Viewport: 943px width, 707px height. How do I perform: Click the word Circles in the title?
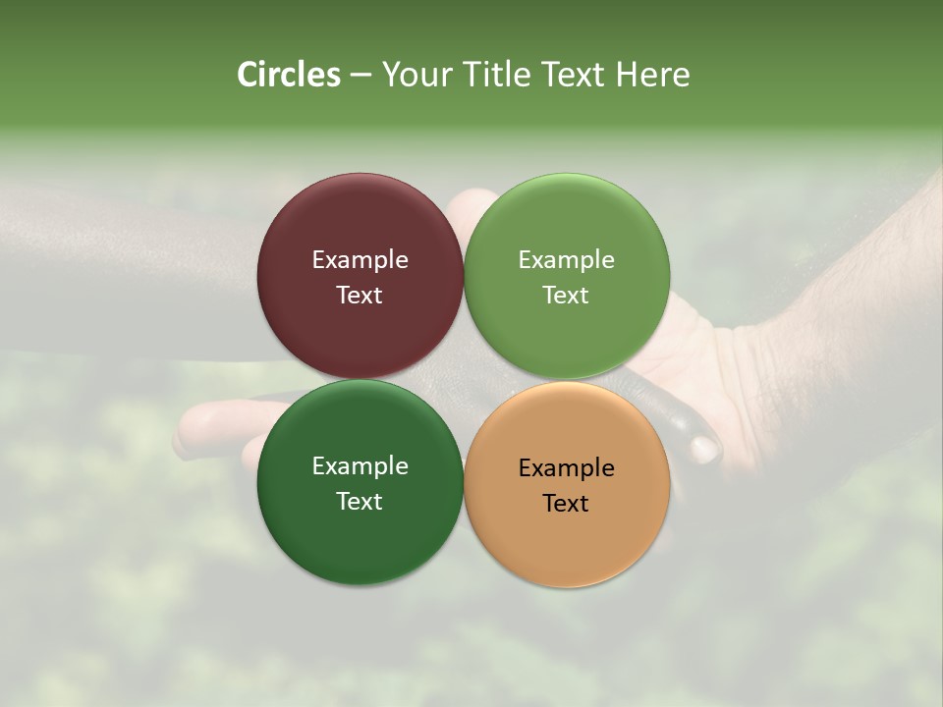(x=289, y=75)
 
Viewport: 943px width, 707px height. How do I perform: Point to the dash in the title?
(x=361, y=76)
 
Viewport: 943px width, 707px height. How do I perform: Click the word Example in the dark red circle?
(x=360, y=260)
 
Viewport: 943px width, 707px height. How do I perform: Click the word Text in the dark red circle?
(x=360, y=296)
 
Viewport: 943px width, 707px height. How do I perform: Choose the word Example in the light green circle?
(x=567, y=260)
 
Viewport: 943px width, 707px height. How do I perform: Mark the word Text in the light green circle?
(x=567, y=296)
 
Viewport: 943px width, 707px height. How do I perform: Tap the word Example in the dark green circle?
(x=360, y=466)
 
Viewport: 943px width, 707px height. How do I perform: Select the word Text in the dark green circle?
(x=360, y=502)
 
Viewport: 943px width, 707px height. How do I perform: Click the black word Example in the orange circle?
(x=567, y=468)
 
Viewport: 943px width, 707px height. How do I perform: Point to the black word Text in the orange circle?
(x=567, y=504)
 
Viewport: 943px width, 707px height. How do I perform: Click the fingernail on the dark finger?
(x=703, y=449)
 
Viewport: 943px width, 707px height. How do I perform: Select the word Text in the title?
(x=575, y=75)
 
